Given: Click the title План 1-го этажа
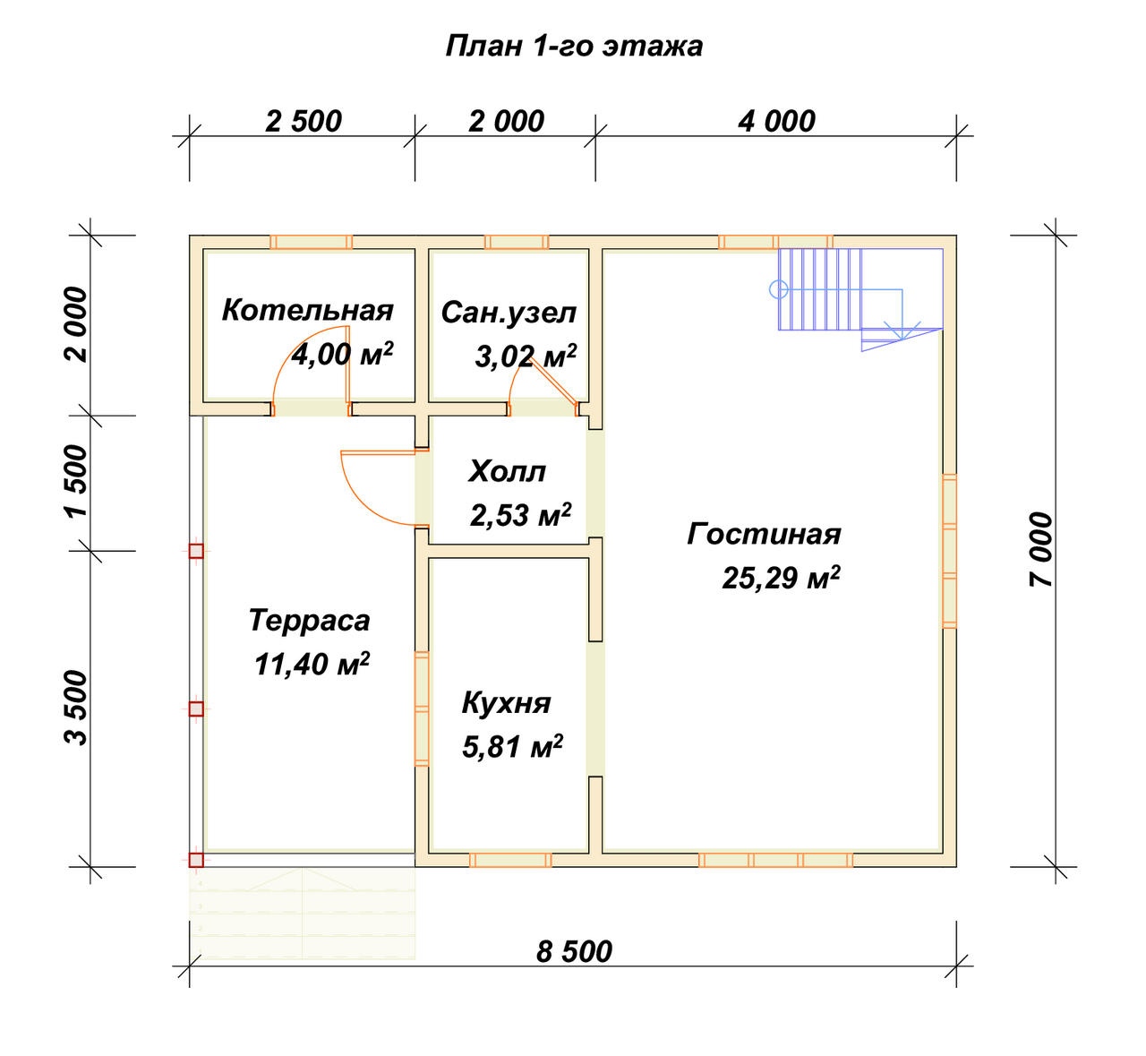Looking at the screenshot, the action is pyautogui.click(x=574, y=47).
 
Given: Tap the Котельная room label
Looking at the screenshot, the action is pyautogui.click(x=307, y=311).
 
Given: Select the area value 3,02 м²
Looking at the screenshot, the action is pyautogui.click(x=526, y=356).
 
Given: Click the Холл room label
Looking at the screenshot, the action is pyautogui.click(x=507, y=472).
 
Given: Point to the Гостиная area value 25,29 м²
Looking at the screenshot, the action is pyautogui.click(x=781, y=578).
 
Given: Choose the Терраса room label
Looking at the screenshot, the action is pyautogui.click(x=309, y=621).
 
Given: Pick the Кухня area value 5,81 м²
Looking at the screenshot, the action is pyautogui.click(x=512, y=746).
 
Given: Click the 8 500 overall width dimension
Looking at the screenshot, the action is pyautogui.click(x=574, y=952).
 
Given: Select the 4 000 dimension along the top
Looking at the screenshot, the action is pyautogui.click(x=776, y=121).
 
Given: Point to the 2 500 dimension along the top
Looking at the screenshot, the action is pyautogui.click(x=304, y=121).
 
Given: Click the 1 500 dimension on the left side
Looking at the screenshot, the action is pyautogui.click(x=77, y=482).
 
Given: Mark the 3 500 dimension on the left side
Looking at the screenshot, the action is pyautogui.click(x=77, y=708).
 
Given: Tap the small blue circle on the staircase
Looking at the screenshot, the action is pyautogui.click(x=779, y=290).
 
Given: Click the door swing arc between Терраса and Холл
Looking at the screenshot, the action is pyautogui.click(x=365, y=503).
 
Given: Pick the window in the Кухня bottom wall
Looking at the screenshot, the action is pyautogui.click(x=510, y=860).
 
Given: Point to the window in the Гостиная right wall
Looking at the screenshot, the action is pyautogui.click(x=949, y=551).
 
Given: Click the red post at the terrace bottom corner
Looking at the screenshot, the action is pyautogui.click(x=196, y=860).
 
